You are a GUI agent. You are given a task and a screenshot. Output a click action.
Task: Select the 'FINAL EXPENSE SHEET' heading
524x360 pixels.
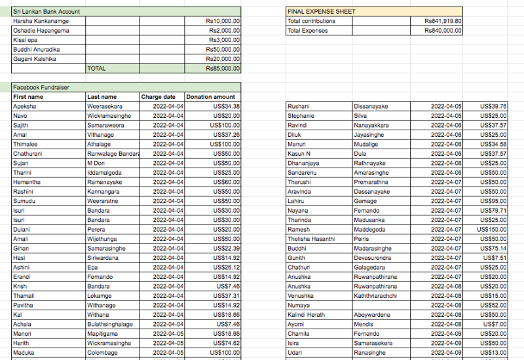point(322,12)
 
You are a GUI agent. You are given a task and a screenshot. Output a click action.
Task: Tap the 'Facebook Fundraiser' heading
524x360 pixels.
point(41,87)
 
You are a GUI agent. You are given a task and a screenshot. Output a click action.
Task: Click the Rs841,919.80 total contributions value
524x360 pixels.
point(443,21)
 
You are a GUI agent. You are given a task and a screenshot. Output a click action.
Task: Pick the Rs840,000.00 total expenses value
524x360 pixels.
point(443,30)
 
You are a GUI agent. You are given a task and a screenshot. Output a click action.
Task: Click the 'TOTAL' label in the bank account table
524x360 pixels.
point(96,68)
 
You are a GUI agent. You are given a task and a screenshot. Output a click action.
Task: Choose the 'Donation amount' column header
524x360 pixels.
point(210,97)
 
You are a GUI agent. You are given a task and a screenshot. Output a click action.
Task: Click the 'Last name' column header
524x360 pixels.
point(102,97)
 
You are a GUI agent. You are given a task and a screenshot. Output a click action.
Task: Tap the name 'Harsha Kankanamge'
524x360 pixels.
point(41,21)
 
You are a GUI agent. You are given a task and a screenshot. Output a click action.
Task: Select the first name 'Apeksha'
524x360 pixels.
point(25,106)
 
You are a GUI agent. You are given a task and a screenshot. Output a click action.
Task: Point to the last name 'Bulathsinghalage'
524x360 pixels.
point(110,324)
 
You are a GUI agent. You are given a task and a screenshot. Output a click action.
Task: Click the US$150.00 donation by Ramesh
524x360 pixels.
point(492,230)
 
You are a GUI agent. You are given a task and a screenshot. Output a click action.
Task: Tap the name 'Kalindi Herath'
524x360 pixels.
point(306,315)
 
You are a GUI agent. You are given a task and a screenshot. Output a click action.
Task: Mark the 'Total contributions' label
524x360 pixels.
point(311,21)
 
